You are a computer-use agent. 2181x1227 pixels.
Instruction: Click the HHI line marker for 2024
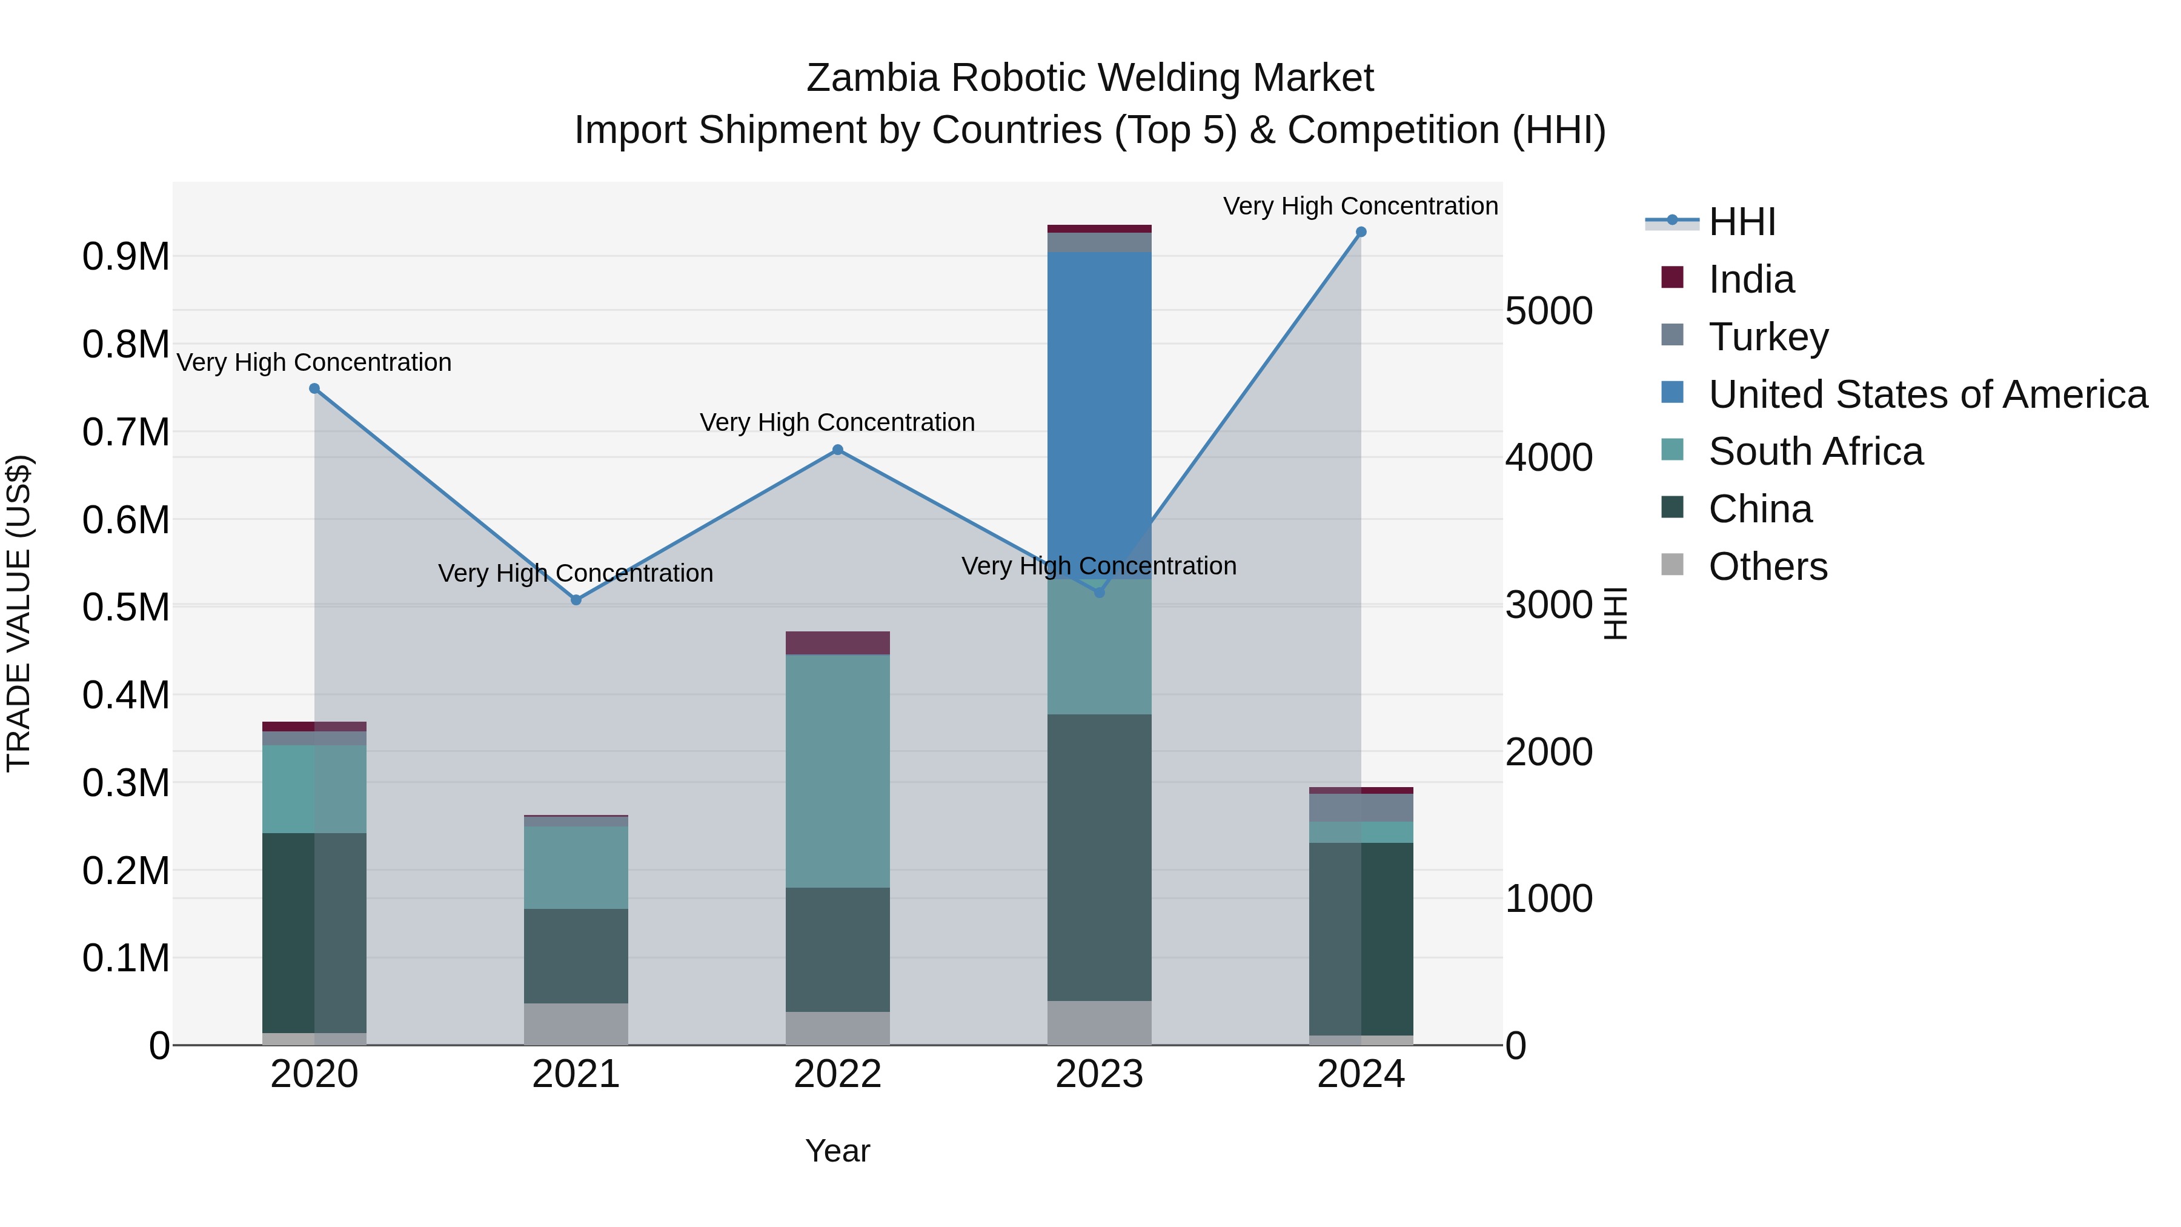tap(1361, 232)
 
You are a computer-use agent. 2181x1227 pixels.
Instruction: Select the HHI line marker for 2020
tap(314, 388)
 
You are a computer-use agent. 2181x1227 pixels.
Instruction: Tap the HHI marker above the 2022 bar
tap(837, 450)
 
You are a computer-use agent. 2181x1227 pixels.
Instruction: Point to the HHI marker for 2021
tap(576, 599)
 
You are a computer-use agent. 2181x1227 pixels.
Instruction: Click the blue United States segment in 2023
tap(1099, 398)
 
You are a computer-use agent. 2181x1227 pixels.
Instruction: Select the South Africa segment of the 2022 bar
tap(837, 771)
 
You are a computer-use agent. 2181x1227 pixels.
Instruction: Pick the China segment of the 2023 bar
tap(1099, 857)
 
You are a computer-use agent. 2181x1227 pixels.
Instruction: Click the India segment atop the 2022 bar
tap(837, 643)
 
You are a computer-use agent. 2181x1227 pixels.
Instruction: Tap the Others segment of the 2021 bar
tap(576, 1024)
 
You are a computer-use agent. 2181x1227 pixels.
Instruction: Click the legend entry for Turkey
tap(1768, 336)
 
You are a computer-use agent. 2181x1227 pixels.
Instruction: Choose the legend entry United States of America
tap(1927, 394)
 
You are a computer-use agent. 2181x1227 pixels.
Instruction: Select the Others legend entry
tap(1767, 566)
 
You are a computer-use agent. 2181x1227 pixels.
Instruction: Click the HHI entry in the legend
tap(1741, 222)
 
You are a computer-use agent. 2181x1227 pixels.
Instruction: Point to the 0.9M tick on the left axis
tap(125, 256)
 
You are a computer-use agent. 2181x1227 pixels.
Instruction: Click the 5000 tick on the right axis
tap(1549, 311)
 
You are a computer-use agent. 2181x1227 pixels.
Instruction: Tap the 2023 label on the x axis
tap(1099, 1074)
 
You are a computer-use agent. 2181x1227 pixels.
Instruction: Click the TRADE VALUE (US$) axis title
tap(19, 613)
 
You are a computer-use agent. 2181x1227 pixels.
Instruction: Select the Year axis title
tap(837, 1151)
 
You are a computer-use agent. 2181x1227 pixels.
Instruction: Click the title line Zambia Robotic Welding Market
tap(1090, 78)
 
